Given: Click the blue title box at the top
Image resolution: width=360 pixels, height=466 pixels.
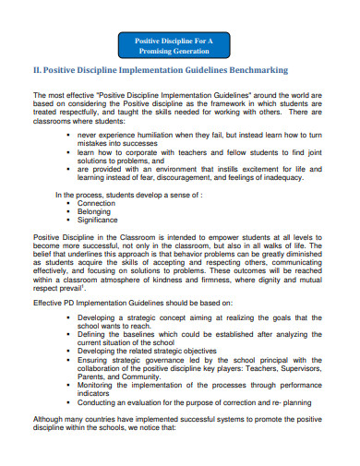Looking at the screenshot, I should [174, 46].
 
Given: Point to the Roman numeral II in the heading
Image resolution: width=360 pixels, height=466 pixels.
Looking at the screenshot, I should [38, 70].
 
